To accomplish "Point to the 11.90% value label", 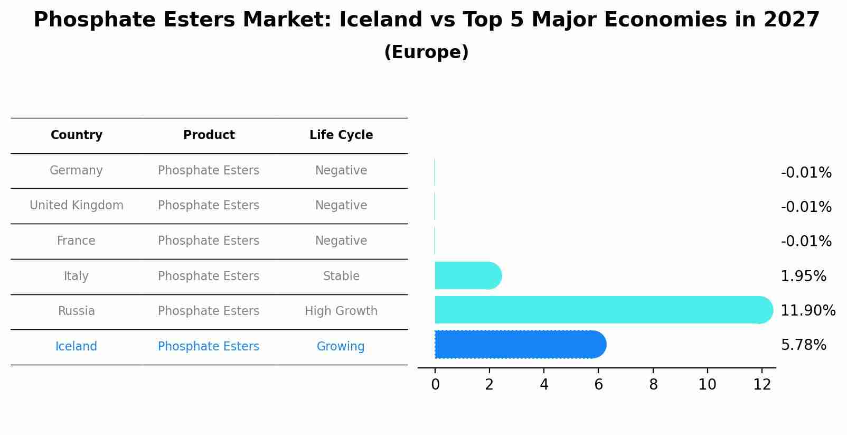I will click(807, 311).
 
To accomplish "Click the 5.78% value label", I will click(803, 345).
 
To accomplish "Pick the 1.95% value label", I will click(803, 276).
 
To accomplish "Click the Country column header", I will click(77, 135).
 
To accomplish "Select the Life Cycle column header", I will click(341, 135).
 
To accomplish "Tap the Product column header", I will click(209, 135).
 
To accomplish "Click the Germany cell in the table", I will click(76, 171).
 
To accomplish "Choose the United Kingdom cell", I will click(77, 206).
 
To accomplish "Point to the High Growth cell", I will click(341, 311).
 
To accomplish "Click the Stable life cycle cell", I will click(341, 276).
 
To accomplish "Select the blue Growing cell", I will click(341, 347).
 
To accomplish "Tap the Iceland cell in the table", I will click(76, 347).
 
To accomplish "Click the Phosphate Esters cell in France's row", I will click(209, 241).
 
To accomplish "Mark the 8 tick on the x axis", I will click(653, 385).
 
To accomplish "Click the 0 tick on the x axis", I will click(435, 385).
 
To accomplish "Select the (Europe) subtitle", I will click(426, 52).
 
